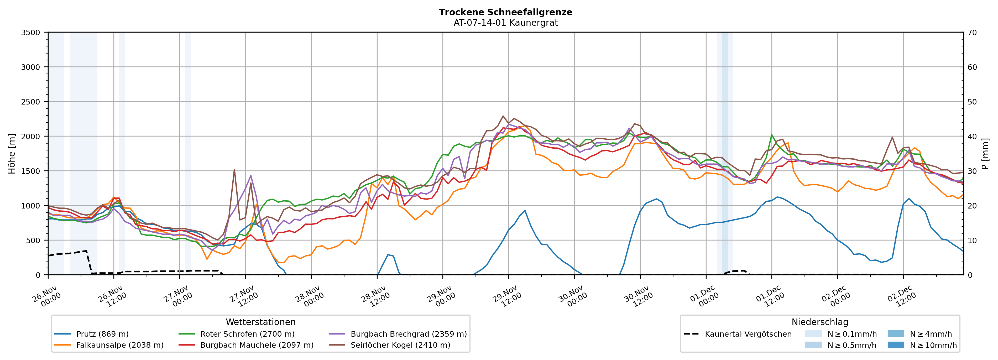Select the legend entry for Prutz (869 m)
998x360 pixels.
(102, 334)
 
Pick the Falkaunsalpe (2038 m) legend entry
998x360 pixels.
(120, 345)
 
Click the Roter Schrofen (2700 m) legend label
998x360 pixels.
(247, 334)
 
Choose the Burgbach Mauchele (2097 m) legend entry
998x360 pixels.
(257, 345)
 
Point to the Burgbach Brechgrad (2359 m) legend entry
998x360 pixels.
(408, 334)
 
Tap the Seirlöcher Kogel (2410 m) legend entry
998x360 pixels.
(400, 345)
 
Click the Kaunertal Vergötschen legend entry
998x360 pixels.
(748, 334)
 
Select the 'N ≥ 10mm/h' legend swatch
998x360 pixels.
(896, 345)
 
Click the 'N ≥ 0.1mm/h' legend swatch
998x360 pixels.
(813, 334)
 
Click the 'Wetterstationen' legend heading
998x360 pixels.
(260, 322)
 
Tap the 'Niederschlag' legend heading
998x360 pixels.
(820, 322)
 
